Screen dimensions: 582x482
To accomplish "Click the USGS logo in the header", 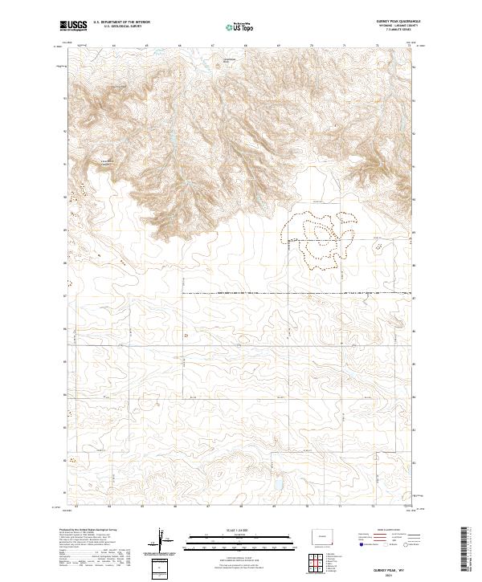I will click(x=73, y=26).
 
